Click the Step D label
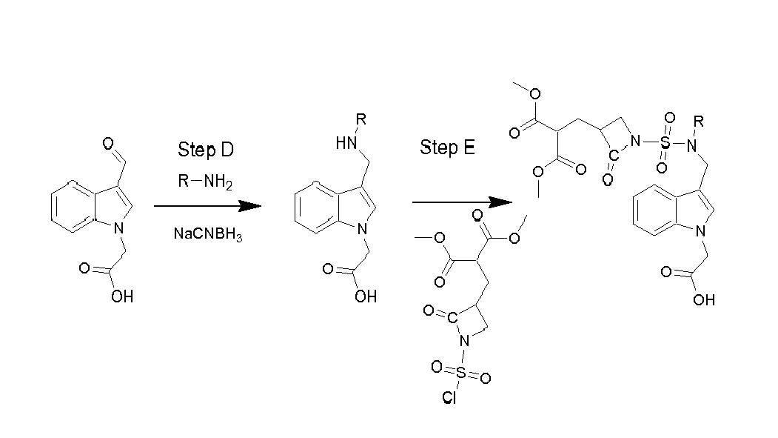(205, 150)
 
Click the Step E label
(447, 147)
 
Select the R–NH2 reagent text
(205, 182)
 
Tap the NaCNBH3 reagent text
(208, 234)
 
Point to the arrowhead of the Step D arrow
(250, 205)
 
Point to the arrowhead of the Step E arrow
(501, 202)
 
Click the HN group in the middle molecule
(346, 143)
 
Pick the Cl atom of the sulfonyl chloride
(449, 398)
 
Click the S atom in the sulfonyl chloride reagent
(461, 373)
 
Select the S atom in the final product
(665, 142)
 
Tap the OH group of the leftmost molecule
(122, 296)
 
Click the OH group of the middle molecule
(366, 296)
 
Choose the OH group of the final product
(704, 300)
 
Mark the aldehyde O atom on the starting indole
(108, 144)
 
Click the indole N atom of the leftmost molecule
(119, 228)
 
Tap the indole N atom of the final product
(700, 231)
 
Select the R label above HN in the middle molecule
(361, 119)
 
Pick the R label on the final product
(699, 121)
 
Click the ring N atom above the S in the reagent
(464, 341)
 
